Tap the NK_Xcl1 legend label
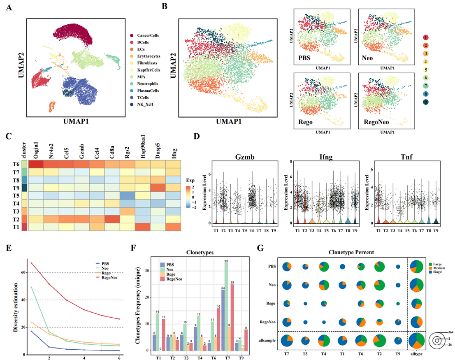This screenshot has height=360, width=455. [x=140, y=104]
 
